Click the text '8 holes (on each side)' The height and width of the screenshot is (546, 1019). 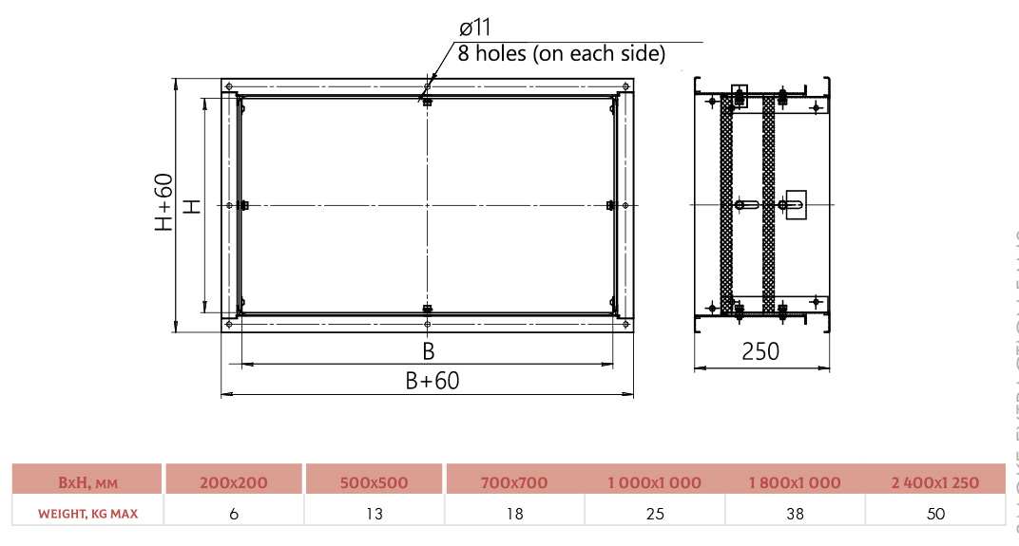(x=561, y=54)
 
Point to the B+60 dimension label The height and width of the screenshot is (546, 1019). (x=432, y=381)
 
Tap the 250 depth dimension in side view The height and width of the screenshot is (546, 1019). (x=760, y=351)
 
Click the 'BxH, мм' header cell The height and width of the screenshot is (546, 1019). (x=87, y=482)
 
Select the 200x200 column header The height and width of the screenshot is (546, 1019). (x=234, y=482)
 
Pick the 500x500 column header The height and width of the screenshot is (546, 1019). (x=374, y=482)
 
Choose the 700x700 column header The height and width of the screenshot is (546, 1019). (x=514, y=482)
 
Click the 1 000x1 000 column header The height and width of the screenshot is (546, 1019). (x=654, y=482)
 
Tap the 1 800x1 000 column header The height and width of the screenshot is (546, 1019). (x=795, y=482)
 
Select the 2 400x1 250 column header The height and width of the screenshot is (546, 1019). (x=935, y=482)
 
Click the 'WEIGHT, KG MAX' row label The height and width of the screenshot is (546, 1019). (x=87, y=514)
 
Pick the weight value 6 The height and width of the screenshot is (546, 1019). (x=234, y=514)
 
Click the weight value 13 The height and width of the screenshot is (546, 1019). (x=374, y=514)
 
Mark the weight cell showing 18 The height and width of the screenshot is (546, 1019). (x=514, y=514)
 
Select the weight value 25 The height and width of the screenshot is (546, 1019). (x=654, y=514)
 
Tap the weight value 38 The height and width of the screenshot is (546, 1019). (x=795, y=514)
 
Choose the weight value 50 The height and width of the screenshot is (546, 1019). (x=935, y=514)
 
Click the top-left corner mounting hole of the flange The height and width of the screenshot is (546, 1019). (x=229, y=86)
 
